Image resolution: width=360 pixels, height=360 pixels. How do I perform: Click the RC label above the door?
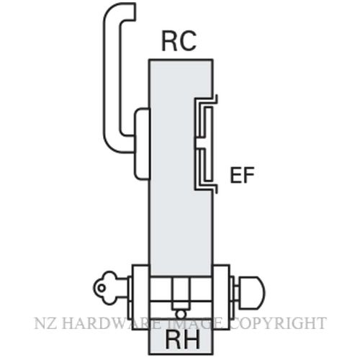click(x=179, y=41)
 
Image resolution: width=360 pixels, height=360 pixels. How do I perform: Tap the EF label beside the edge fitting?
click(x=242, y=176)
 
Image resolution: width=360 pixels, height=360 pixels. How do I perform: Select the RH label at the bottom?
click(x=182, y=340)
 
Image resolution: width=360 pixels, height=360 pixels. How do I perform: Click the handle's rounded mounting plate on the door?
click(x=142, y=143)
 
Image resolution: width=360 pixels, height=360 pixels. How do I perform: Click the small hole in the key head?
click(x=102, y=288)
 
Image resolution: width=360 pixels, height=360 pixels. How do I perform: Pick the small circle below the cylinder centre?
click(x=181, y=314)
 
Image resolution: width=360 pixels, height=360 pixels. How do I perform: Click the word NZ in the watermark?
click(x=45, y=323)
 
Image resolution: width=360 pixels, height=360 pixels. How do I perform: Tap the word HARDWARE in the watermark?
click(x=111, y=323)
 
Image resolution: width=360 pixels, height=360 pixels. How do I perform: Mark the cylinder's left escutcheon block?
click(x=140, y=297)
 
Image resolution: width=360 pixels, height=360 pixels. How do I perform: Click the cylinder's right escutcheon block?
click(x=221, y=297)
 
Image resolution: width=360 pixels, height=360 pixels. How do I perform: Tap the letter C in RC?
click(x=188, y=41)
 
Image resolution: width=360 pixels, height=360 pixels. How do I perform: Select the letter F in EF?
click(x=248, y=176)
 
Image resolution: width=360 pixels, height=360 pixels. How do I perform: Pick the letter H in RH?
click(x=192, y=340)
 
